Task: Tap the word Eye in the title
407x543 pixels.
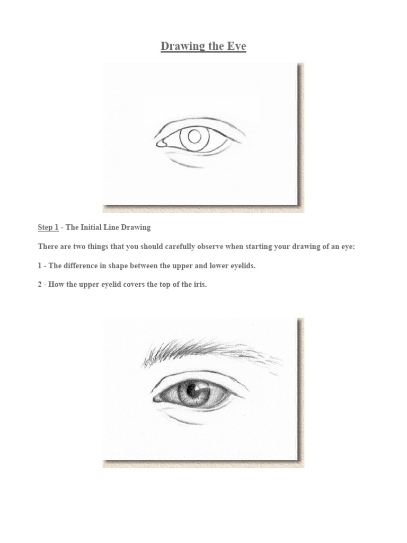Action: (236, 46)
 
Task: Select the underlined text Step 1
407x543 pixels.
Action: (48, 227)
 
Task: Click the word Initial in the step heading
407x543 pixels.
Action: (95, 227)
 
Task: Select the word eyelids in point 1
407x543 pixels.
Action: (242, 266)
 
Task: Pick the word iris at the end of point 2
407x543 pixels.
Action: (199, 285)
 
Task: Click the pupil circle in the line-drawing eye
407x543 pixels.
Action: (194, 137)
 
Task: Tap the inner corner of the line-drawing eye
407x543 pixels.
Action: (159, 143)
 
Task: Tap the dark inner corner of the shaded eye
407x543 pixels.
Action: (157, 399)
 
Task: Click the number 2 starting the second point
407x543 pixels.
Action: (40, 285)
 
